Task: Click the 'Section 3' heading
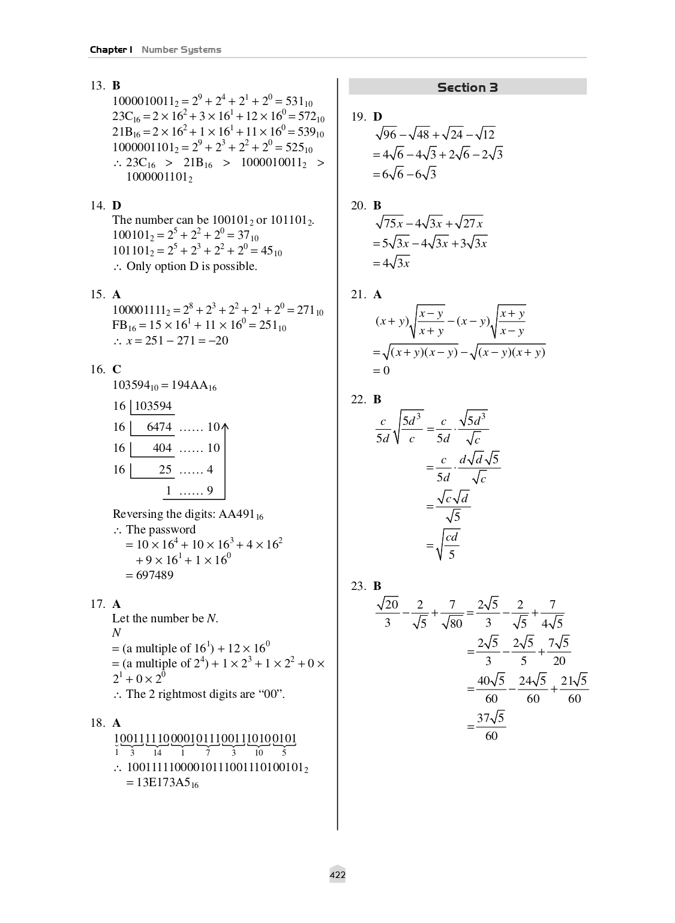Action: [x=467, y=88]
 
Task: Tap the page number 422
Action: [x=337, y=875]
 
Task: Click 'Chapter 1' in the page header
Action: [x=111, y=50]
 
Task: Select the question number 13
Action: [x=98, y=86]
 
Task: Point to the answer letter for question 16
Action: [x=117, y=370]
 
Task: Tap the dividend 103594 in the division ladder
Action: [x=153, y=406]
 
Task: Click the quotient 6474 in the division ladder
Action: [x=159, y=427]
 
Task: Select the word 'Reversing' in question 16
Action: [x=138, y=514]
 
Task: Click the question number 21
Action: [x=358, y=295]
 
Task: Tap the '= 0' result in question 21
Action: [x=382, y=371]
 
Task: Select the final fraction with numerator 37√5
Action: [x=491, y=726]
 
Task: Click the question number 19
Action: [x=358, y=117]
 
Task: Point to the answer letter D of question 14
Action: [x=117, y=206]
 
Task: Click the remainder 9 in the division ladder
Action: [x=210, y=491]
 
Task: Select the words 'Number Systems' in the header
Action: [x=181, y=50]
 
